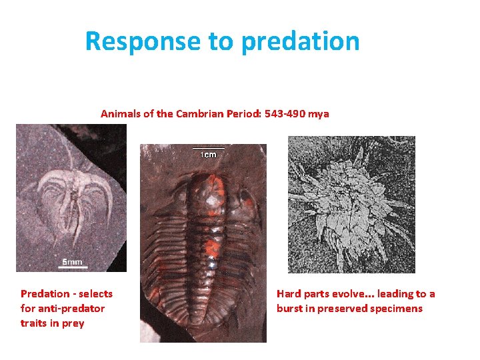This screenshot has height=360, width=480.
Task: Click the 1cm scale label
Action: [209, 155]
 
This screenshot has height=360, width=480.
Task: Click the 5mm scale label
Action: [73, 262]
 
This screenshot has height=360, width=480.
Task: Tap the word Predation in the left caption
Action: [44, 294]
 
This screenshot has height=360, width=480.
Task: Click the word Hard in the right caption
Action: [289, 294]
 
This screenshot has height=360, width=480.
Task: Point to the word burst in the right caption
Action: [290, 309]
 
